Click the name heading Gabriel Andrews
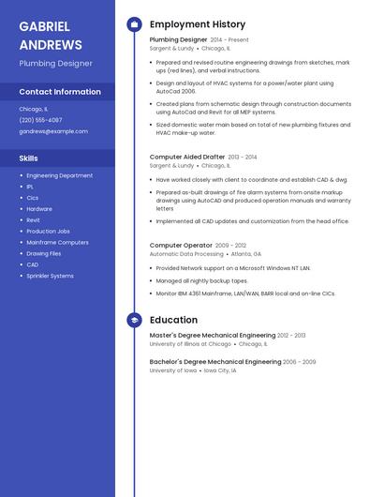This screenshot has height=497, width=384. point(51,35)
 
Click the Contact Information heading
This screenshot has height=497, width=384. point(60,92)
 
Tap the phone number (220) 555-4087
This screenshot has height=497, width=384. point(40,120)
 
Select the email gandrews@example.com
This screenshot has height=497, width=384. point(53,131)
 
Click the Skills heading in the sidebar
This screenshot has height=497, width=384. point(28,158)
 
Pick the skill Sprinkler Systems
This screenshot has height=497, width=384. point(50,276)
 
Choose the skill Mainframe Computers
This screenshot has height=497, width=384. point(57,242)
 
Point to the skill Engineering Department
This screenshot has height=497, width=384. point(59,175)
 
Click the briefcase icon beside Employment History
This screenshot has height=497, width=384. point(134,24)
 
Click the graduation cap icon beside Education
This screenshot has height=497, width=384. point(134,320)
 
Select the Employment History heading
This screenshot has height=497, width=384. point(197,24)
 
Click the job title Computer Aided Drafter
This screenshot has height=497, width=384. point(187,157)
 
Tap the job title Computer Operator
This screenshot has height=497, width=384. point(181,245)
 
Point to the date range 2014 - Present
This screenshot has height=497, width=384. point(229,40)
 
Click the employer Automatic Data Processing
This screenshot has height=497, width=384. point(186,254)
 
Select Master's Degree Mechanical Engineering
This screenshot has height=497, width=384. point(213,335)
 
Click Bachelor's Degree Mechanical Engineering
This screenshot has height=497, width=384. point(215,361)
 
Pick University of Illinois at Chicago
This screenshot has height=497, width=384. point(190,344)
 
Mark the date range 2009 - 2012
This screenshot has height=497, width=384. point(230,245)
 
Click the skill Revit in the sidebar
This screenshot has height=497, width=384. point(33,219)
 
